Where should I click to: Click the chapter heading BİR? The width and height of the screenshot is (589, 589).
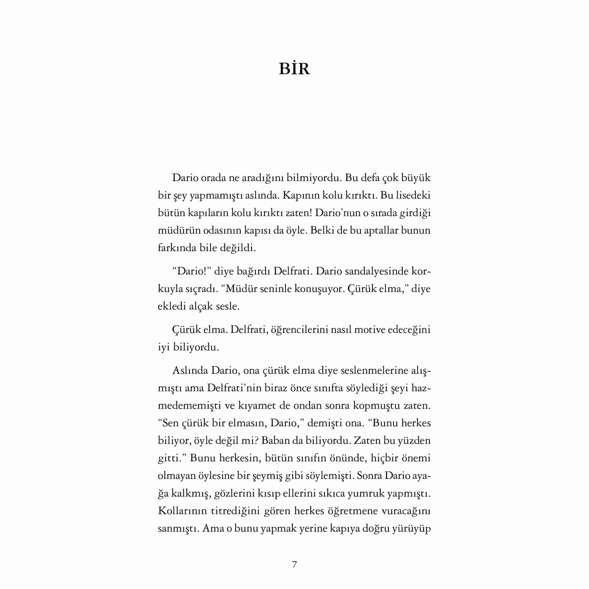294,69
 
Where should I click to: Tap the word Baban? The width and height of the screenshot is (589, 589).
276,441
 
